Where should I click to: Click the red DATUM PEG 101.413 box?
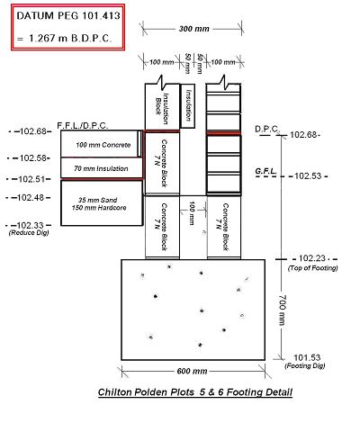[x=67, y=27]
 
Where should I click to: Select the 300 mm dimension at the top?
[x=194, y=29]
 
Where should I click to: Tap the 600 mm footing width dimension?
[x=192, y=371]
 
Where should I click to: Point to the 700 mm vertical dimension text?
[x=283, y=310]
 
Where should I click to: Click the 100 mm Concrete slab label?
[x=103, y=145]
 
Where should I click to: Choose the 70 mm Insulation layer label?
[x=101, y=168]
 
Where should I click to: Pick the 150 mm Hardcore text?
[x=99, y=208]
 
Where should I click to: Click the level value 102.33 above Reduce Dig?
[x=31, y=225]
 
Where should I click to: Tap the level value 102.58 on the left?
[x=33, y=158]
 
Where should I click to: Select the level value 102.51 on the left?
[x=31, y=179]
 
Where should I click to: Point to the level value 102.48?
[x=31, y=198]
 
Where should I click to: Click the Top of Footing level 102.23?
[x=312, y=258]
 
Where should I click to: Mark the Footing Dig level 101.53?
[x=307, y=357]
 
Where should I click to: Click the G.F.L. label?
[x=265, y=171]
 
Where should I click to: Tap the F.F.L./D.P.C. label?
[x=83, y=126]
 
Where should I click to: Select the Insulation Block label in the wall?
[x=162, y=106]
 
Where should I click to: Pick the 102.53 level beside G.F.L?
[x=308, y=175]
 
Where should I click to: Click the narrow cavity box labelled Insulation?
[x=188, y=106]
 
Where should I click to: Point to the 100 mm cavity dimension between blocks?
[x=192, y=213]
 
